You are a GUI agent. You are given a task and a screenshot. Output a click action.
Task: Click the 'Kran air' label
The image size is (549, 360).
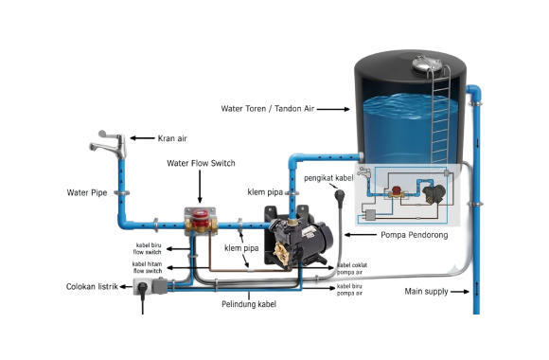coord(172,138)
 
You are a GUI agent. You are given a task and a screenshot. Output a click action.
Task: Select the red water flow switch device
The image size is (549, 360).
coord(201,220)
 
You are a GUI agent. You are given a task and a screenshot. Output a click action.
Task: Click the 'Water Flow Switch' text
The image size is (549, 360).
coord(201,163)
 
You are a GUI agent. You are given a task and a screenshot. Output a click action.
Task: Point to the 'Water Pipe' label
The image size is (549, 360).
coord(87,192)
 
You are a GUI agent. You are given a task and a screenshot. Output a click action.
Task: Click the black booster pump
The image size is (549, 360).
coord(298,237)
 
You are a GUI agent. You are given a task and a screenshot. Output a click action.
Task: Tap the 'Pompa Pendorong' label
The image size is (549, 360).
coord(415,235)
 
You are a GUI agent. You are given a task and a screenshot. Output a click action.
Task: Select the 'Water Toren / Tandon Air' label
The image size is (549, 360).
coord(268,109)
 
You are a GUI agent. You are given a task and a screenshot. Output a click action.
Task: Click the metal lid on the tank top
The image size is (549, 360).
coord(427,63)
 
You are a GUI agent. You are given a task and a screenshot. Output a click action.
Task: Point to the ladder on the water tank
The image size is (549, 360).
coord(440,116)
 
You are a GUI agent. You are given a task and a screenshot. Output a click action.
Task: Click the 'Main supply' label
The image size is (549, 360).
coord(426,291)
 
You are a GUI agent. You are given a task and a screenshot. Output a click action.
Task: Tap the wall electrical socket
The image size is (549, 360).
coord(151,286)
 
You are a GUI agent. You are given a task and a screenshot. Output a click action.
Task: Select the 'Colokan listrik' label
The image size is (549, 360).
coord(92,287)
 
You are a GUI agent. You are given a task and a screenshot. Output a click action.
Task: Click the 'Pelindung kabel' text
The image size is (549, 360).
coord(249,304)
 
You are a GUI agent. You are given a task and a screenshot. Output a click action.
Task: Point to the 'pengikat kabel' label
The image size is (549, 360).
coord(328,178)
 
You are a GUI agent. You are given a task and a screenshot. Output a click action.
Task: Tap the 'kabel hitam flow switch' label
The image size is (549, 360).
coord(147,267)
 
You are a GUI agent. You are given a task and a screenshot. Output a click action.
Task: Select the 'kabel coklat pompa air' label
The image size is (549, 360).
coord(352,268)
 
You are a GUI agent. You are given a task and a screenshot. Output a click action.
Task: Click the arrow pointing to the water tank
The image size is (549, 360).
coord(333,109)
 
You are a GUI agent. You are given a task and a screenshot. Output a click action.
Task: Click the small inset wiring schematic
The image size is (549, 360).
coord(408,194)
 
